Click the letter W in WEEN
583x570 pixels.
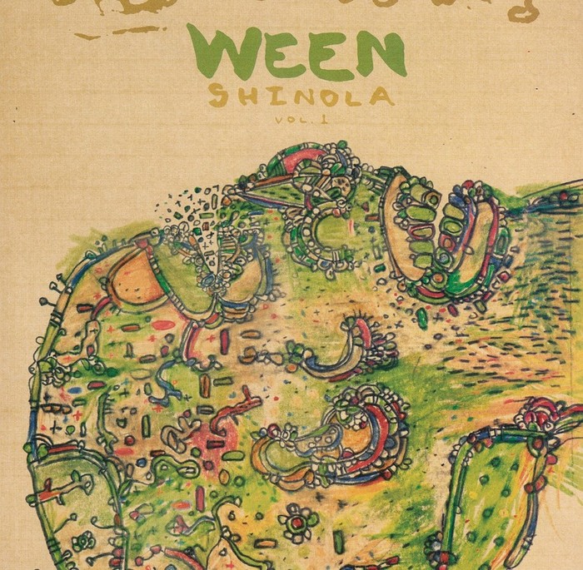coord(219,52)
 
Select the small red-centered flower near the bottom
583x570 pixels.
coord(297,523)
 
